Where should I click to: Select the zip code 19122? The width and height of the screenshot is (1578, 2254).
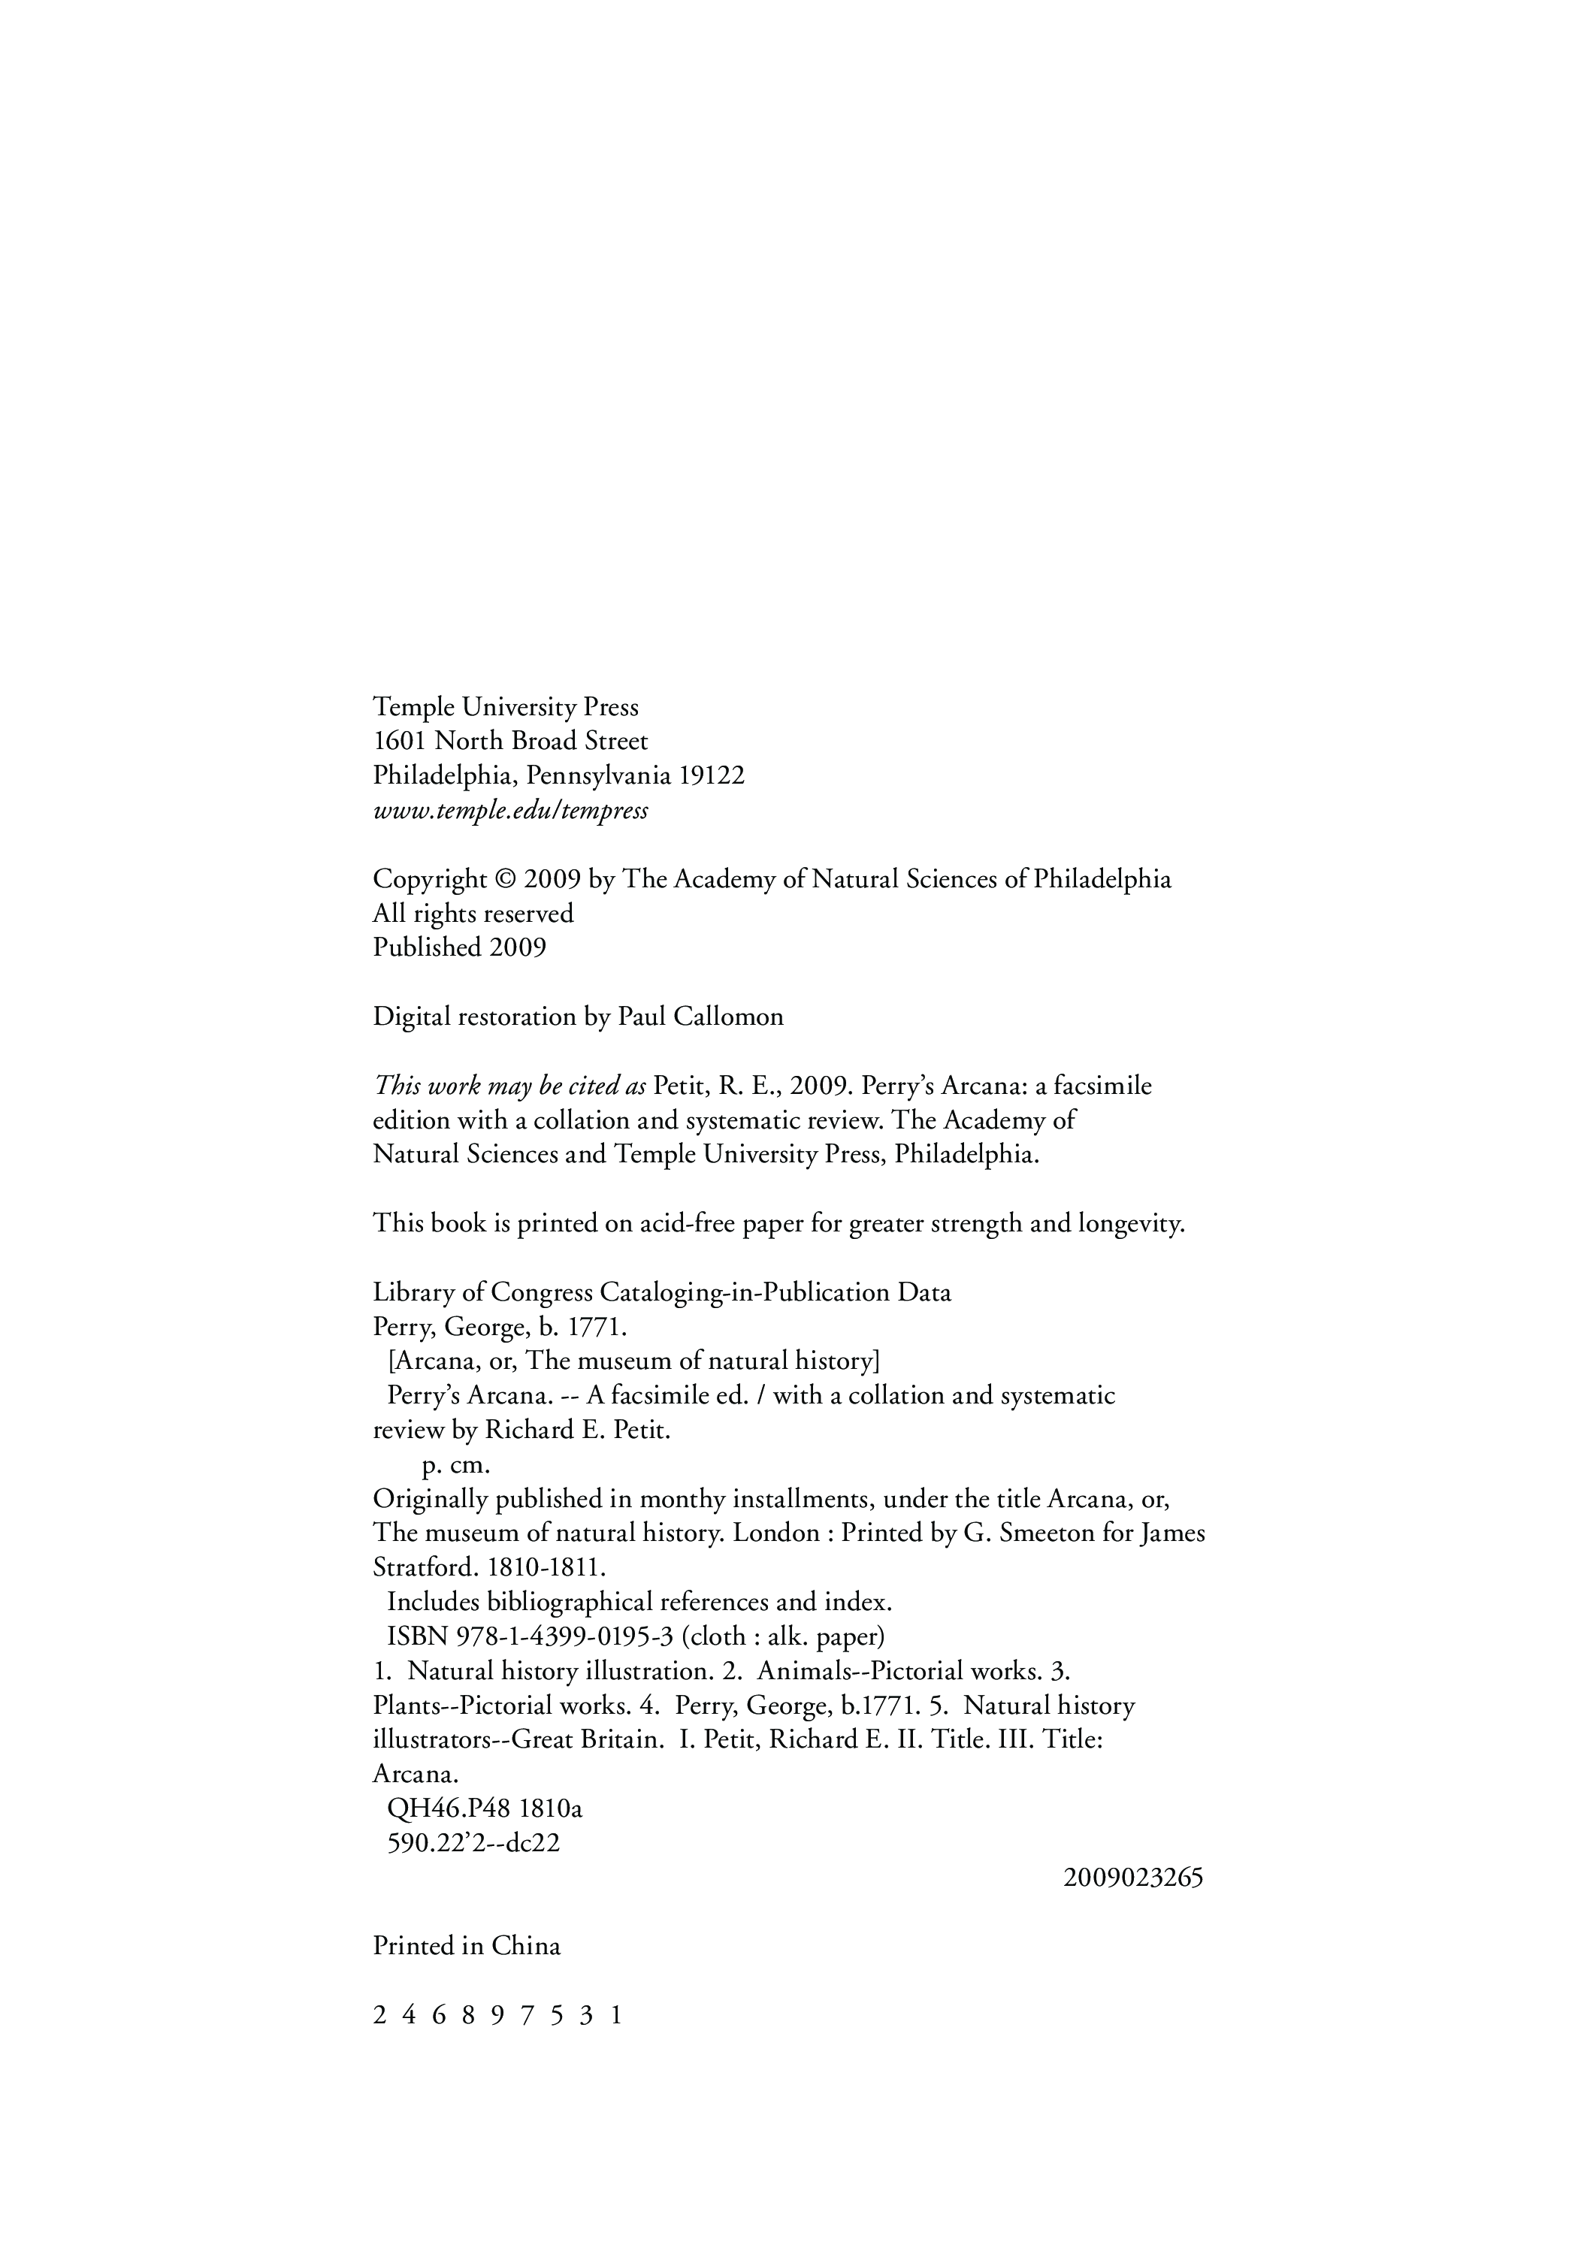pos(712,775)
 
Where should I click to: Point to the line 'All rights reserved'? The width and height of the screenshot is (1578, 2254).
pos(473,913)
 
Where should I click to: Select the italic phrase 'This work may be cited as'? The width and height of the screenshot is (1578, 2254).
pos(509,1086)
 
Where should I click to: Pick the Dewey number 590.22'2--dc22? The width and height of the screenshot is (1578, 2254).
pos(473,1843)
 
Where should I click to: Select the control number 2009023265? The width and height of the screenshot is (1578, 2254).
pos(1133,1878)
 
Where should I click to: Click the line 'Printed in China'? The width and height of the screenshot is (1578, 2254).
pos(467,1946)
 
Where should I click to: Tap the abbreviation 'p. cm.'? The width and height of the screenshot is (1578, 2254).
pos(455,1466)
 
